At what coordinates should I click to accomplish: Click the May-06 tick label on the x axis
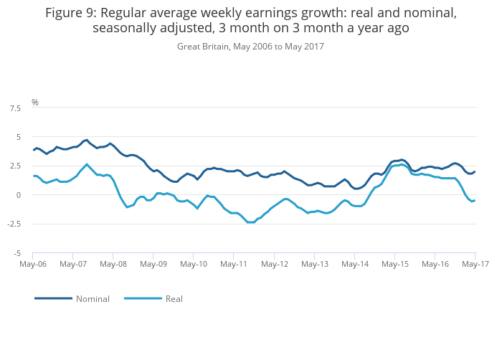(33, 265)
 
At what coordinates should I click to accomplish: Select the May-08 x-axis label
(113, 265)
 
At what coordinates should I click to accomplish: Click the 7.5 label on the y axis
(14, 108)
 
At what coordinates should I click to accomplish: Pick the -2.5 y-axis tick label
(13, 224)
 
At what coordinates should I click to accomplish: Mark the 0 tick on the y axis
(19, 195)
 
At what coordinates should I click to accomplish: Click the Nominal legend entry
(93, 298)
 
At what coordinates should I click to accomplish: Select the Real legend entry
(174, 298)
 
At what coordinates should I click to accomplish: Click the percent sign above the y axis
(34, 103)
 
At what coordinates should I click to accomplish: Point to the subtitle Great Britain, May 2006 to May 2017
(250, 47)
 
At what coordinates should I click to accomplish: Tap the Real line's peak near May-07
(87, 164)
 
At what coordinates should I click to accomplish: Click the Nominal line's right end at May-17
(475, 171)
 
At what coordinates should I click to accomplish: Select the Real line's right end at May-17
(475, 200)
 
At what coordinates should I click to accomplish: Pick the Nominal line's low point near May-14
(356, 189)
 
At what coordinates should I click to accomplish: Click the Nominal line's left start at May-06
(33, 150)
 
